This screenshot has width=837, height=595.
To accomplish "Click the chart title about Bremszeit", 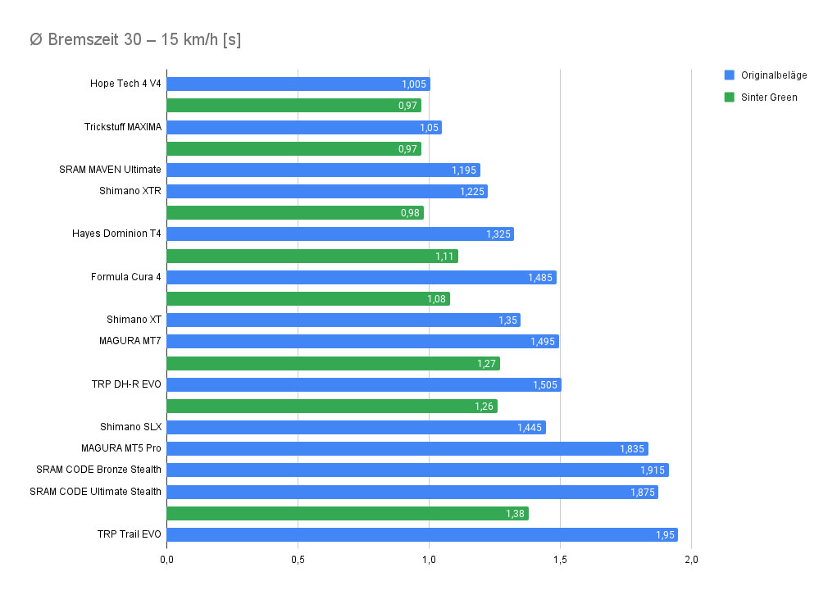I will point(134,39).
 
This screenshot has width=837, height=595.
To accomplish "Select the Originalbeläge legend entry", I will point(773,75).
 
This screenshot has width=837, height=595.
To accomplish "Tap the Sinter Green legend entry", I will point(768,97).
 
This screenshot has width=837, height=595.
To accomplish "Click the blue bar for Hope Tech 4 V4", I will point(298,84).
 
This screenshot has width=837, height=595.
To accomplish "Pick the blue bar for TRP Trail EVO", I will point(421,534).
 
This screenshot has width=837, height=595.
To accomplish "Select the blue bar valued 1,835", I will point(407,448).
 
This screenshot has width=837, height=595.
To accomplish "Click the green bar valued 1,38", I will point(347,513).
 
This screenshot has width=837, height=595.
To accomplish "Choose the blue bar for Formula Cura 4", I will point(361,277).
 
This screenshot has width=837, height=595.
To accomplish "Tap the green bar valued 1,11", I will point(312,256).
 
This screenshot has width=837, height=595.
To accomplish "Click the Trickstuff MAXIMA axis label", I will point(122,127).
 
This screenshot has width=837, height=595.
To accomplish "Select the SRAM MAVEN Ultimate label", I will point(110,170).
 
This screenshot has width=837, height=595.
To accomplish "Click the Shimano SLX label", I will point(130,427).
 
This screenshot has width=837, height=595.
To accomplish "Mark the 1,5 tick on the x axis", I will point(560,560).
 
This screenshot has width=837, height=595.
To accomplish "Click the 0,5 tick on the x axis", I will point(298,560).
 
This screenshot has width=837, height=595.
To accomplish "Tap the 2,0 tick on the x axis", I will point(691,560).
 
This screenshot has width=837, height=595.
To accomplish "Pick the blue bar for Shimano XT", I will point(343,320).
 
